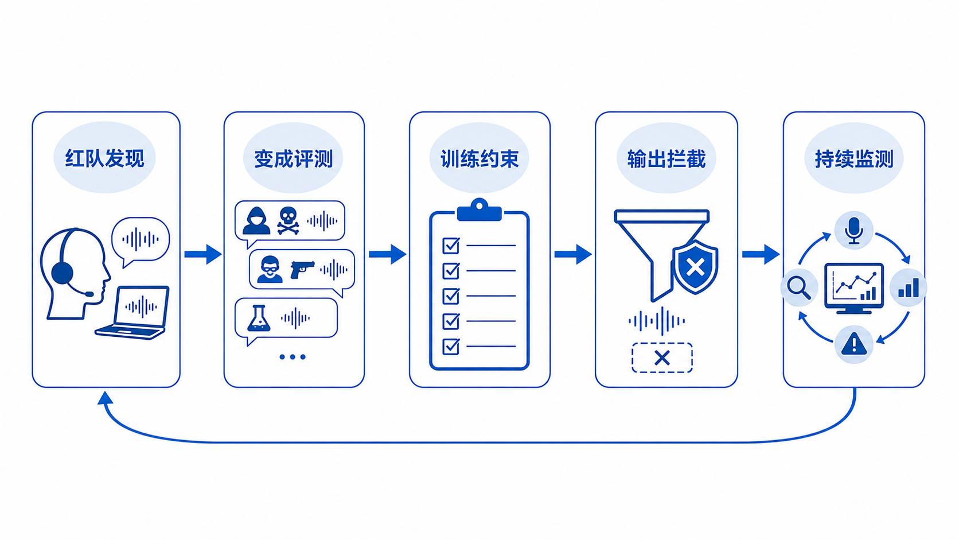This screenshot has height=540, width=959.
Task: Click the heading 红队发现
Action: click(x=104, y=158)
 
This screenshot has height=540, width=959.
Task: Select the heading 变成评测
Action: click(x=293, y=159)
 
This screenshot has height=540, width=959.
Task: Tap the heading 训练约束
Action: click(x=479, y=159)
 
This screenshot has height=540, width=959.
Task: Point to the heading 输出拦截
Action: click(x=666, y=159)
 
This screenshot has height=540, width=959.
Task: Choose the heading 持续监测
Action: click(x=854, y=159)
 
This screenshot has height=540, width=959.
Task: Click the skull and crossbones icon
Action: click(x=288, y=221)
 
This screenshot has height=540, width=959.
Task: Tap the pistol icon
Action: click(x=302, y=270)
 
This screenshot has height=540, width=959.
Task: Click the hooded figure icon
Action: click(x=256, y=220)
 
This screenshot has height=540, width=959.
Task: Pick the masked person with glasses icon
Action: click(x=270, y=269)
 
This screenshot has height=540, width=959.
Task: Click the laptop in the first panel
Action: click(x=132, y=313)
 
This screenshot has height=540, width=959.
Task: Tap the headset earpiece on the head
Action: click(x=62, y=273)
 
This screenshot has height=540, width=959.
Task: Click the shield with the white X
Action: click(x=695, y=267)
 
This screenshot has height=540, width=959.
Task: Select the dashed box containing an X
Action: click(x=662, y=358)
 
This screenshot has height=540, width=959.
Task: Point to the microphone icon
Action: click(x=853, y=231)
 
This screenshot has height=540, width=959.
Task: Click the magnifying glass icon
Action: click(x=799, y=288)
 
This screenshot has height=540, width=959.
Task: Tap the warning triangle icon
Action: click(x=854, y=343)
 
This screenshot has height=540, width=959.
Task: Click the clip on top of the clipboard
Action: click(x=479, y=210)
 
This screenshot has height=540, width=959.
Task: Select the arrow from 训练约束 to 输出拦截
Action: click(x=573, y=254)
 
